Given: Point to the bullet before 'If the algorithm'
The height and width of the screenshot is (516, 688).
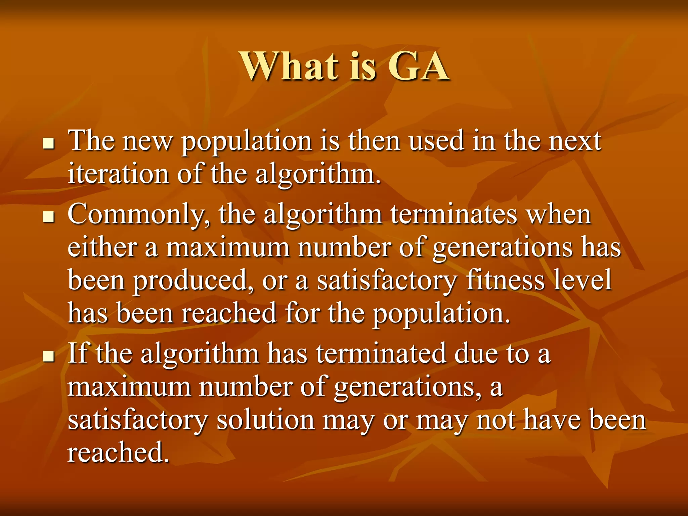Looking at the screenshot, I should pos(49,356).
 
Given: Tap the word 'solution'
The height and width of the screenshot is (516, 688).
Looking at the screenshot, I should pos(265,420).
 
